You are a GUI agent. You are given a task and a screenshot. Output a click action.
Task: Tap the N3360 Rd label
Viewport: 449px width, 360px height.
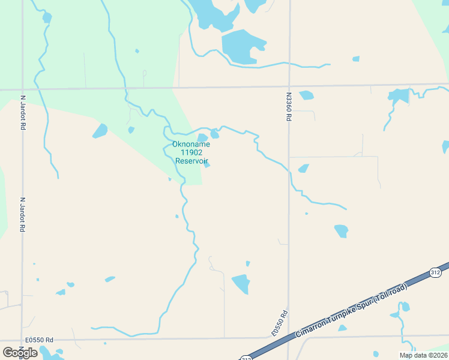pyautogui.click(x=289, y=107)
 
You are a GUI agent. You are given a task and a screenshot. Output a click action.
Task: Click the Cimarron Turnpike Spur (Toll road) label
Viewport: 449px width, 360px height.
pyautogui.click(x=352, y=310)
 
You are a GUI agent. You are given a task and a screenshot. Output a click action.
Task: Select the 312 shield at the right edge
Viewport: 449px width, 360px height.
pyautogui.click(x=435, y=272)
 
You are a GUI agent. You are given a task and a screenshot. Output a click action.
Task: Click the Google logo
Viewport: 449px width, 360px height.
pyautogui.click(x=20, y=352)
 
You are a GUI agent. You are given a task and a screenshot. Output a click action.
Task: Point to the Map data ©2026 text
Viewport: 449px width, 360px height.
pyautogui.click(x=423, y=355)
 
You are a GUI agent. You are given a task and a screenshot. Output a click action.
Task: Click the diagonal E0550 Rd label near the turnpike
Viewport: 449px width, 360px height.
pyautogui.click(x=280, y=323)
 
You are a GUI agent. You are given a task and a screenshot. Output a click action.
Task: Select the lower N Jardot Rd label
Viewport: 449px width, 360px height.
pyautogui.click(x=23, y=215)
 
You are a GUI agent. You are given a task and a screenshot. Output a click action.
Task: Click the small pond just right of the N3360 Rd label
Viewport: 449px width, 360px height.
pyautogui.click(x=307, y=95)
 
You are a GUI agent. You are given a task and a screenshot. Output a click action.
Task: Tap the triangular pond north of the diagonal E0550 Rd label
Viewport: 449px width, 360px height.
pyautogui.click(x=241, y=283)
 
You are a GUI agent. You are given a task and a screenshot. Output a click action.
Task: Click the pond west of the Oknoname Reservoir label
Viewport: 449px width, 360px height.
pyautogui.click(x=100, y=131)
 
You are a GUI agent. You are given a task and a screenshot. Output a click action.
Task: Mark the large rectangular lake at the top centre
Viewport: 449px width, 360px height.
pyautogui.click(x=243, y=46)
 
